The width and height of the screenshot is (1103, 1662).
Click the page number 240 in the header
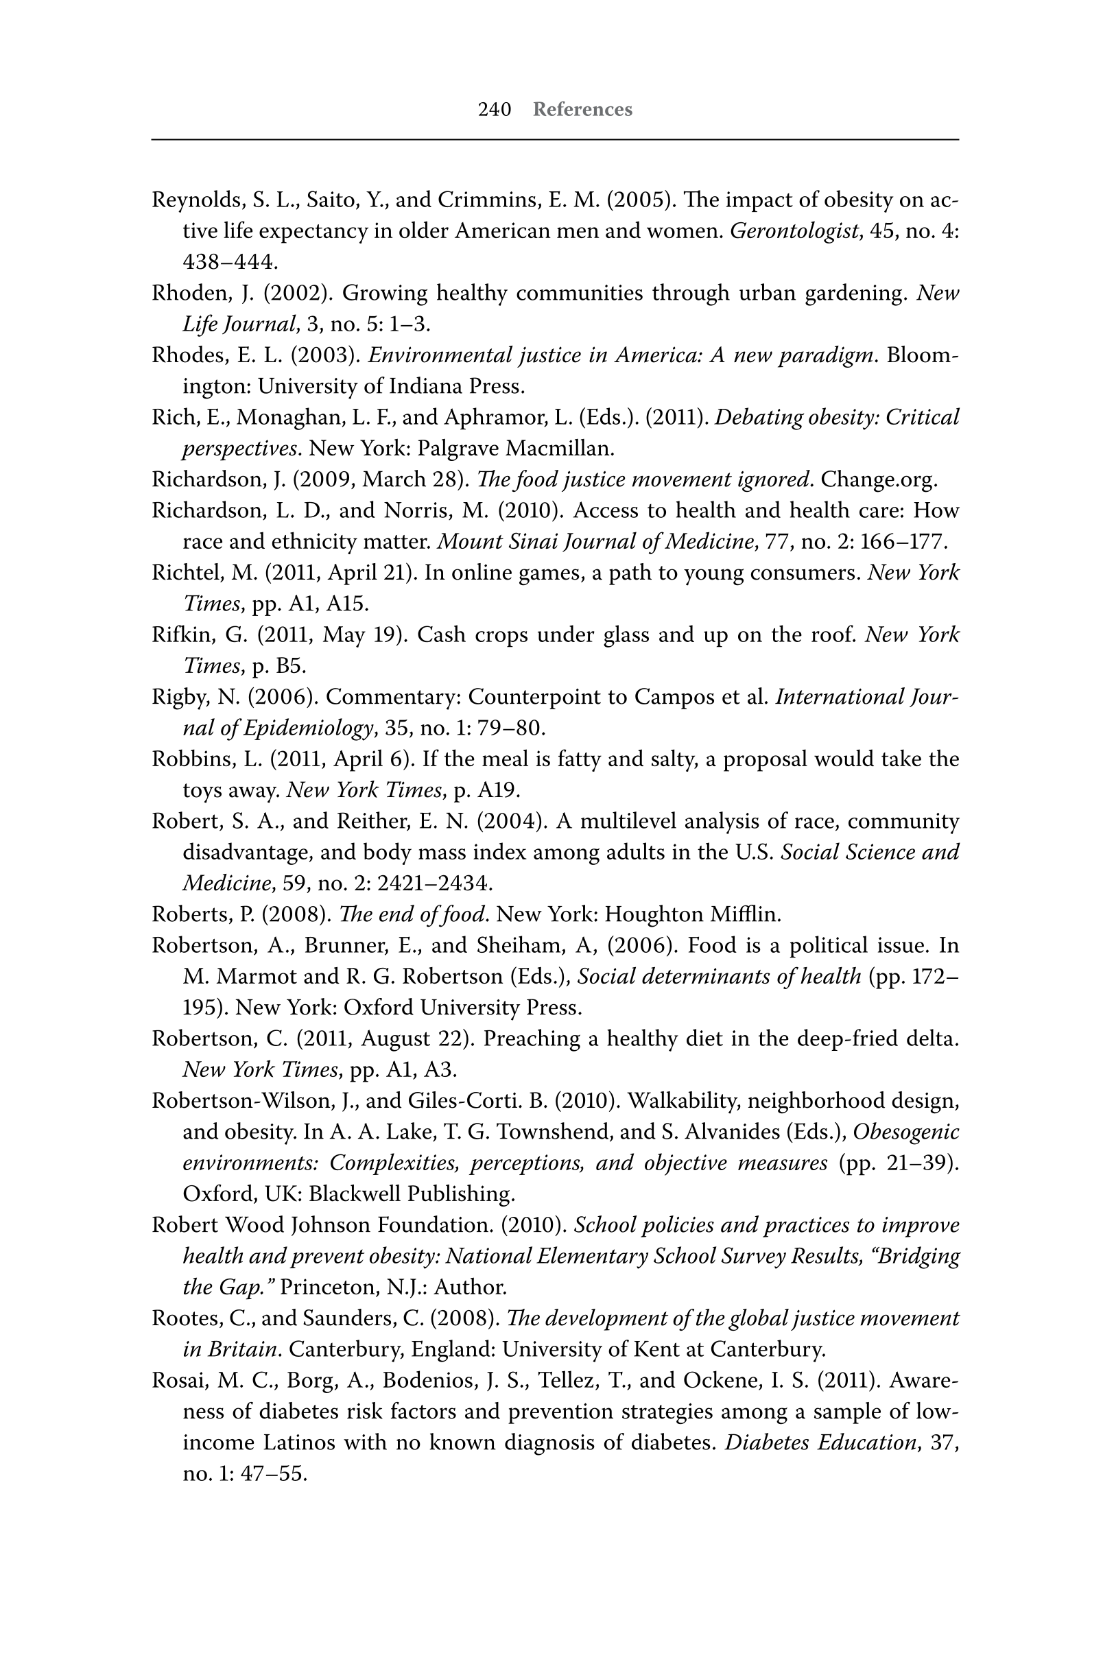point(494,110)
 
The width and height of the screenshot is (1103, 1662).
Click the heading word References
point(582,110)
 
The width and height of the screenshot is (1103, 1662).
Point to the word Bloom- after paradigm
point(922,355)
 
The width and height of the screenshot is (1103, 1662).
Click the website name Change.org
point(879,479)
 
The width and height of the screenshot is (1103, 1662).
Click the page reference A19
point(497,790)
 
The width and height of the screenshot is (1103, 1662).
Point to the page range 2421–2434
point(434,883)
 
